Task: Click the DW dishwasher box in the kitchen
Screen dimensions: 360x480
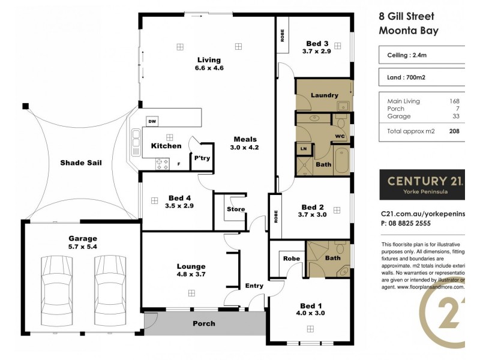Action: click(x=152, y=121)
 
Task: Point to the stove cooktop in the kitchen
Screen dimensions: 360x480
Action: click(x=162, y=163)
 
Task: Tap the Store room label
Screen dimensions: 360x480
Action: click(x=232, y=209)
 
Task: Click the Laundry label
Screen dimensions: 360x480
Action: click(x=324, y=95)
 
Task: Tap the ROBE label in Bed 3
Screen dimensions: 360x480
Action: click(x=282, y=35)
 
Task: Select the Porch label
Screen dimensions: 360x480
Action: click(x=203, y=323)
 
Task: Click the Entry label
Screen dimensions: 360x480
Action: click(x=254, y=286)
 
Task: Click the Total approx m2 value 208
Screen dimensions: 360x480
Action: click(x=454, y=130)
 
